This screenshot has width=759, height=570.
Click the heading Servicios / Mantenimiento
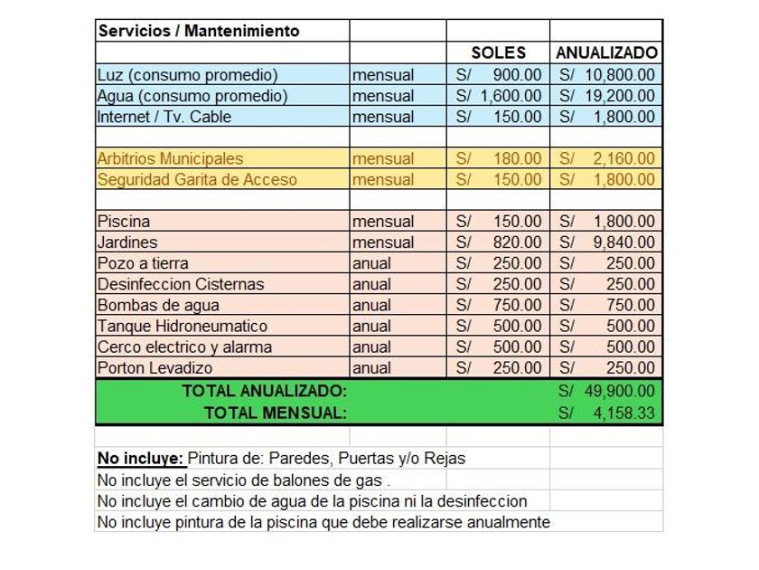point(199,31)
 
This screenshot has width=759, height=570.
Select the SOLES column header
point(498,52)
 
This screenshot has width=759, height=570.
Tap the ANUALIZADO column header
point(606,52)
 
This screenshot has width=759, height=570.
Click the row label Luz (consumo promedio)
point(187,74)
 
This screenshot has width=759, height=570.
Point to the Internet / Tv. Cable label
point(164,117)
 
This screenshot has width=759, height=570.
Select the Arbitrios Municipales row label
point(170,158)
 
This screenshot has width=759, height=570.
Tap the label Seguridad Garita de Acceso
point(197,179)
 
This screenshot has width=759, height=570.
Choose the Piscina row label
point(124,222)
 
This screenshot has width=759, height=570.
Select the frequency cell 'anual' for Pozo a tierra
point(371,263)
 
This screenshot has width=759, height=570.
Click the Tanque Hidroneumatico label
point(183,326)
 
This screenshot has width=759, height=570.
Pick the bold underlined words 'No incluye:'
point(140,458)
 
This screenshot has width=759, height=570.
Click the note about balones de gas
point(244,480)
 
